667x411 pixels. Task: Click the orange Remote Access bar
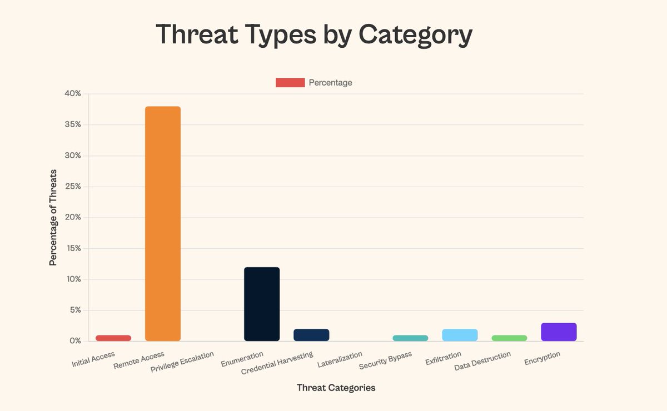click(162, 223)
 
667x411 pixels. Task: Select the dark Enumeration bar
click(262, 304)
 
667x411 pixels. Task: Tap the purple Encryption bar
click(559, 332)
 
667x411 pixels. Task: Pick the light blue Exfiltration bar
click(460, 335)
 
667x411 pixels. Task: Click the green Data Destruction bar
click(509, 338)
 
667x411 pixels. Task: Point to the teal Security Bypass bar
click(410, 338)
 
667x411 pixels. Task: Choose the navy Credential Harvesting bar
click(311, 335)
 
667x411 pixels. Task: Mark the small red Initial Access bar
click(113, 338)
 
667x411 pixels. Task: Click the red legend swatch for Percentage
click(290, 83)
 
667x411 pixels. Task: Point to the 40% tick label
click(73, 94)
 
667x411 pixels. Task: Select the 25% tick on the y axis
click(73, 187)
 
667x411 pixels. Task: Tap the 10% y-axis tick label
click(73, 279)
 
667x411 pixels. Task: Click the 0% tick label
click(75, 341)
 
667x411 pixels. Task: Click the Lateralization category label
click(340, 359)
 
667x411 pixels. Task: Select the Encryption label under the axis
click(542, 358)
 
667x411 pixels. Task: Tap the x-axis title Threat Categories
click(336, 388)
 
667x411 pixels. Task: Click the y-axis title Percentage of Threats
click(53, 218)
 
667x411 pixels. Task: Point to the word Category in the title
click(415, 35)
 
